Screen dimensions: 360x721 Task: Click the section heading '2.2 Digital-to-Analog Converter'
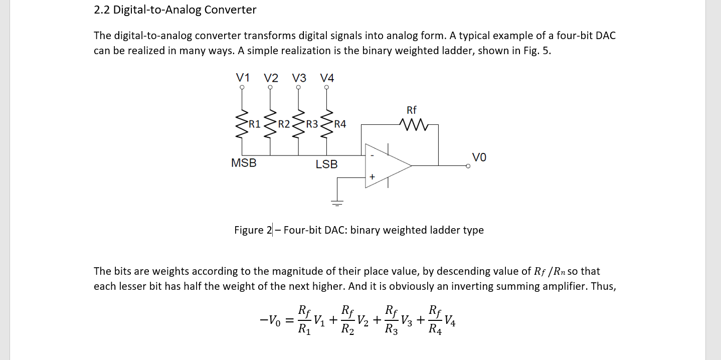175,10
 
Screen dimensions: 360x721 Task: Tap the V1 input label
243,78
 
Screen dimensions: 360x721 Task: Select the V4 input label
327,78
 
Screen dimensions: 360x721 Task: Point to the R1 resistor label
255,124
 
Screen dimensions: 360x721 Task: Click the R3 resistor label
312,124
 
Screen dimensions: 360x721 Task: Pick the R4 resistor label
339,124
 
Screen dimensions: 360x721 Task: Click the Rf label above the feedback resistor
411,110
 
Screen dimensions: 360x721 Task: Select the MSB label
244,163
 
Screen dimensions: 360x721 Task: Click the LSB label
326,164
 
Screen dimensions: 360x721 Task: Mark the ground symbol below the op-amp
337,202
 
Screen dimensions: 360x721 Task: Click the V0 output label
479,157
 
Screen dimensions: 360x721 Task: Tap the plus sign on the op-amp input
372,177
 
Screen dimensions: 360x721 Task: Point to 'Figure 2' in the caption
253,230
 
